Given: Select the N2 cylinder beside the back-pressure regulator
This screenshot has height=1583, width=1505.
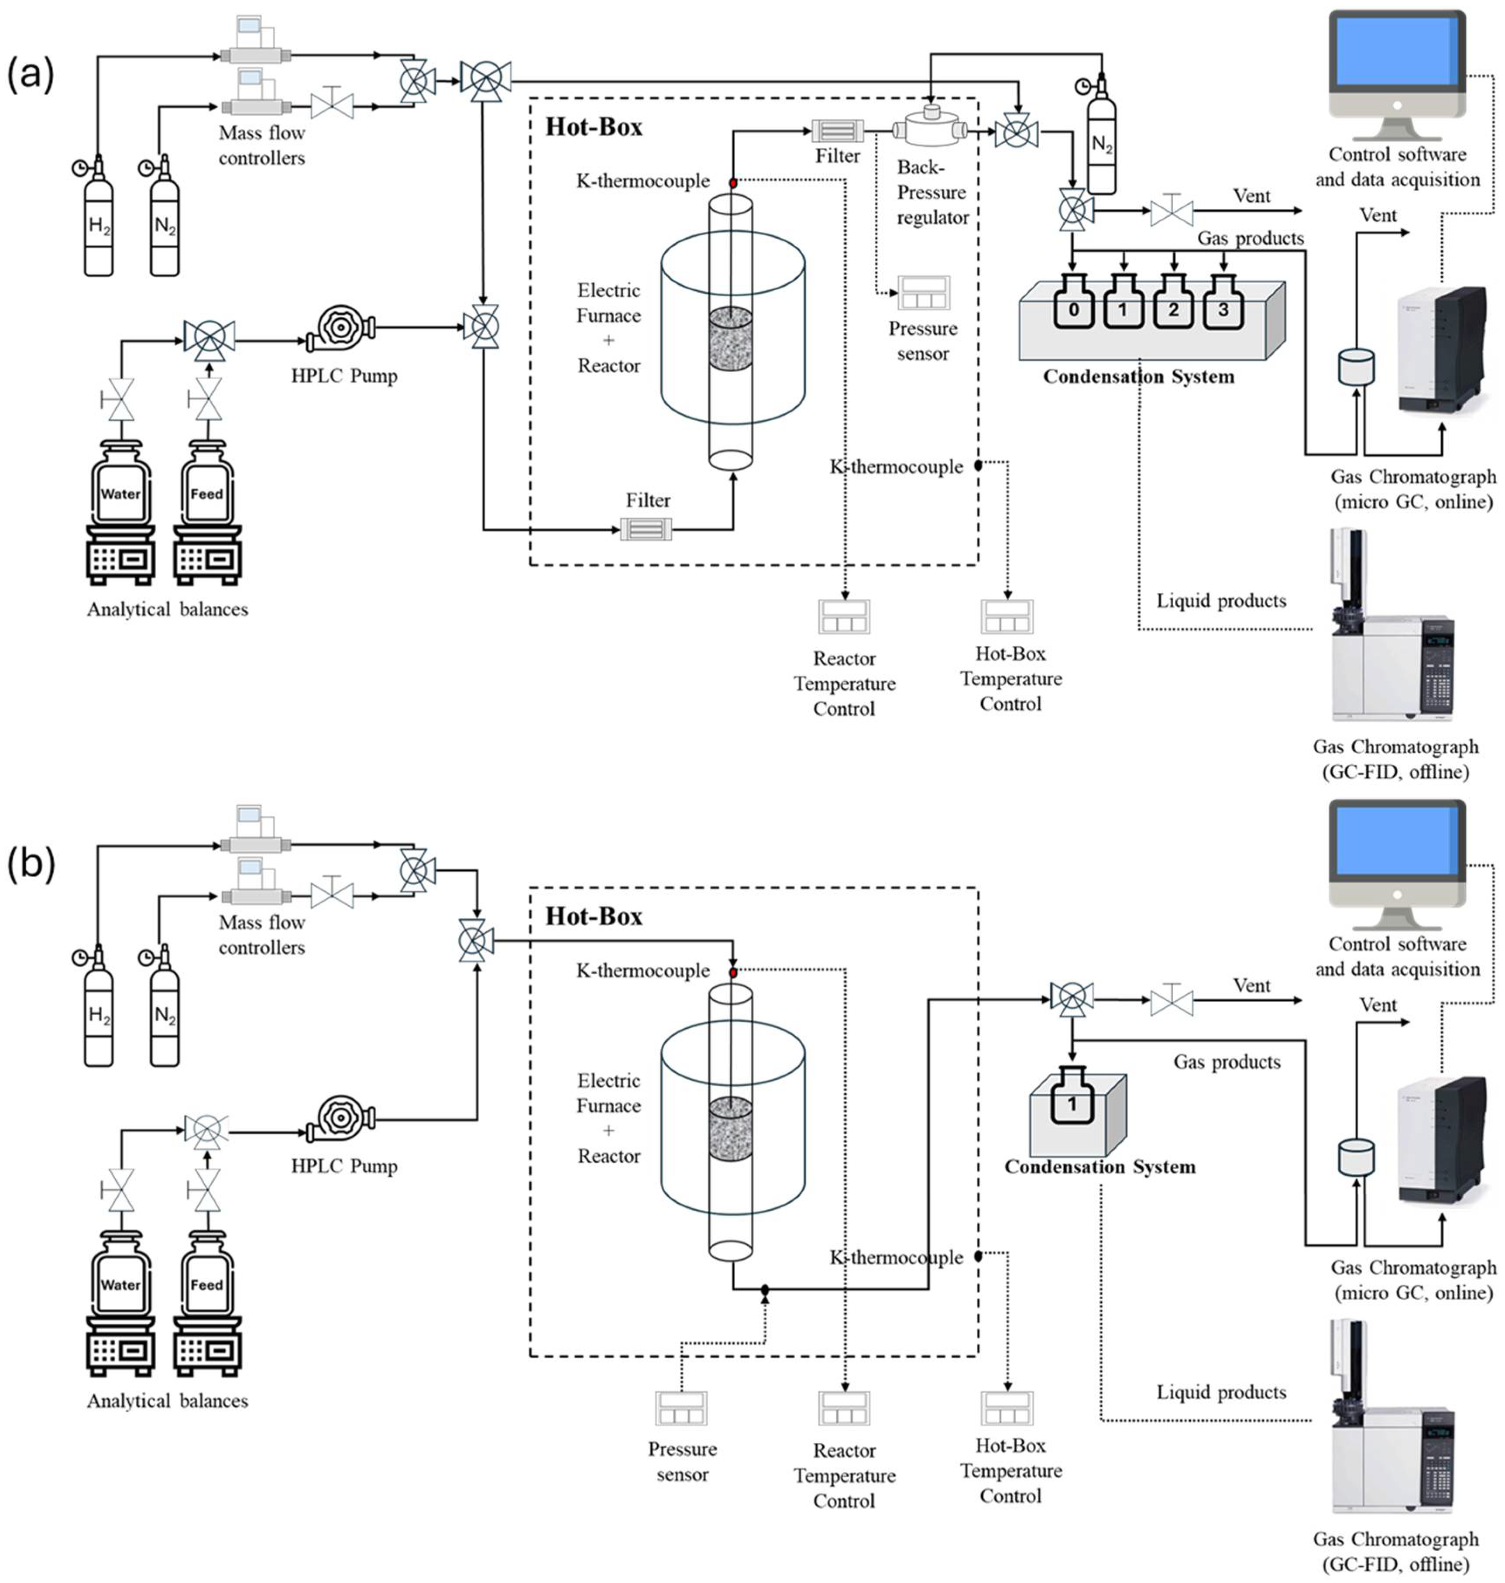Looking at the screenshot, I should [1102, 144].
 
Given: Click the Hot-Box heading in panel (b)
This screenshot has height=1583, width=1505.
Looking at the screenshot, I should [594, 916].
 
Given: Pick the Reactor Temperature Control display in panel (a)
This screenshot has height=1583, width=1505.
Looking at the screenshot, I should [844, 616].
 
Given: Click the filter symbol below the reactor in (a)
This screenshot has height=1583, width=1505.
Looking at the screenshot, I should [646, 529].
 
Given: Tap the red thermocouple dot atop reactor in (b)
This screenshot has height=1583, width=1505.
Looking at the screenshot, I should [732, 972].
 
